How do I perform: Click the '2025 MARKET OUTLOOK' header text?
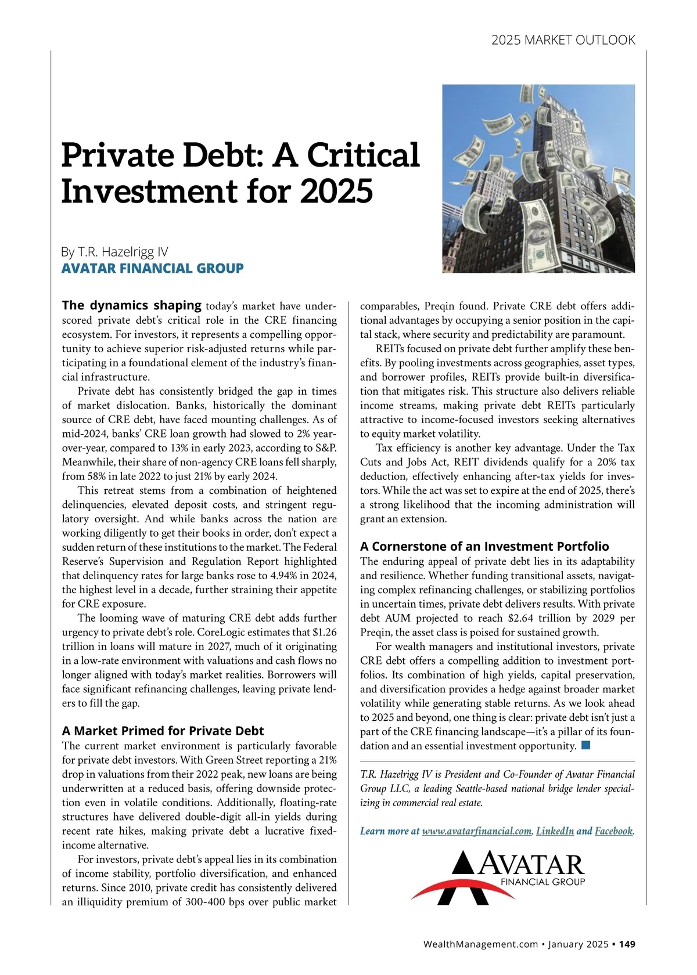[x=563, y=40]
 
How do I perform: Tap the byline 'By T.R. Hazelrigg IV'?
[x=114, y=252]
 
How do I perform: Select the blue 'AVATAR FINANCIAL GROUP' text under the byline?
[x=152, y=268]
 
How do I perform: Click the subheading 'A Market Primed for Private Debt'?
[x=163, y=731]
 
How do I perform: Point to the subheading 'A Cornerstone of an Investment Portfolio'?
[x=484, y=546]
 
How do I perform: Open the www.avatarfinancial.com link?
[x=476, y=831]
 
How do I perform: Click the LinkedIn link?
[x=555, y=831]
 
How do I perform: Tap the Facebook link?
[x=613, y=831]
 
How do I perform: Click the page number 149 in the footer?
[x=627, y=944]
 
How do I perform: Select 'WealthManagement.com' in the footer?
[x=481, y=944]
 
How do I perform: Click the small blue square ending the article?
[x=585, y=745]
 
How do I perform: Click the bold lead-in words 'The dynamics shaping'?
[x=132, y=305]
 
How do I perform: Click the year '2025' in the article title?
[x=336, y=192]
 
